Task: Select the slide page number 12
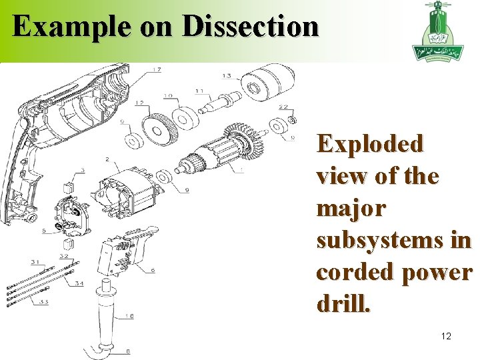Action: (x=446, y=336)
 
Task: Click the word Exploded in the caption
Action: (x=370, y=144)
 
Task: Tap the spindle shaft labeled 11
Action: (x=220, y=103)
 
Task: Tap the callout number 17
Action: (x=157, y=69)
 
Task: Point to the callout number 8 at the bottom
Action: (x=127, y=351)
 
